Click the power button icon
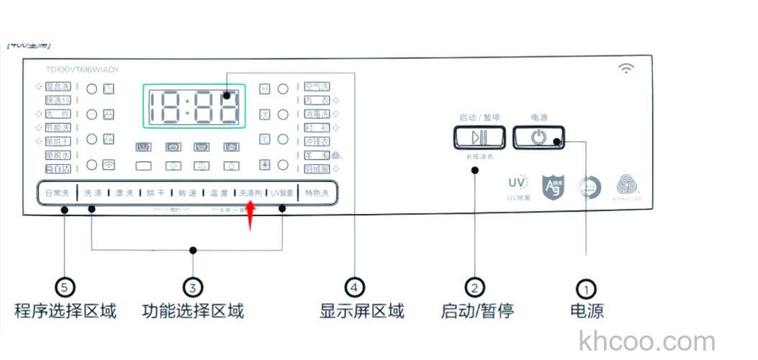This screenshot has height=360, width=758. (x=538, y=138)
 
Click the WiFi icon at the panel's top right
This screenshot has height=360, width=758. (x=627, y=68)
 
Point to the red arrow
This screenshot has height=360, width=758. (x=251, y=215)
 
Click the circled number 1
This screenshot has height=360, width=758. (x=587, y=289)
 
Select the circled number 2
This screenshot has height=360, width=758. (x=474, y=288)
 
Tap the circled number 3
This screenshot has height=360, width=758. (x=191, y=288)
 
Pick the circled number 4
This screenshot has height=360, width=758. (x=353, y=288)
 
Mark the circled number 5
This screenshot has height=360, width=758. (x=66, y=288)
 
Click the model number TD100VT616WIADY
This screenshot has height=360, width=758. (x=82, y=70)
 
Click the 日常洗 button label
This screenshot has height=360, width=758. (x=57, y=193)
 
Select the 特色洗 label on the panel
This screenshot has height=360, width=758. (x=316, y=193)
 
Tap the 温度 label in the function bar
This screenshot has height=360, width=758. (x=220, y=193)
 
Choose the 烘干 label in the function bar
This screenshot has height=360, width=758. (x=155, y=193)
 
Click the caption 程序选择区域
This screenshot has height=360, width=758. (x=66, y=311)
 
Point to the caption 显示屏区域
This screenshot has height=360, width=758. (x=362, y=311)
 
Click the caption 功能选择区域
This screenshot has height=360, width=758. (x=193, y=311)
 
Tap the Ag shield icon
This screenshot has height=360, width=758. (x=554, y=184)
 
